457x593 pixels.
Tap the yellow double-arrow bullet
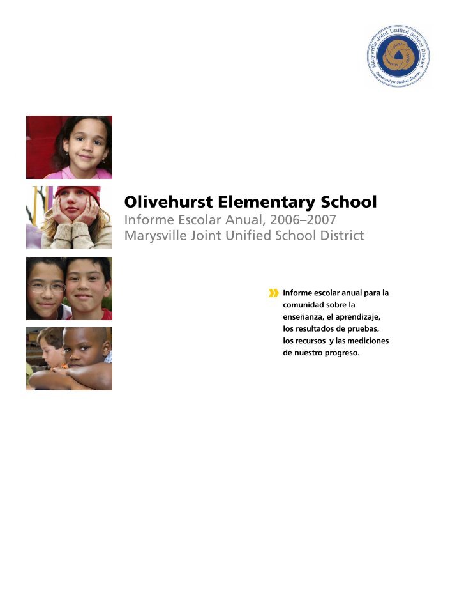coord(274,293)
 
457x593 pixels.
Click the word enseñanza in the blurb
coord(305,317)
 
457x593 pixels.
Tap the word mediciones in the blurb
coord(366,341)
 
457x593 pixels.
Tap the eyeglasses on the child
coord(47,288)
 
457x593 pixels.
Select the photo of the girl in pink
coord(69,147)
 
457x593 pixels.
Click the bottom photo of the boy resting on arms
coord(69,358)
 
